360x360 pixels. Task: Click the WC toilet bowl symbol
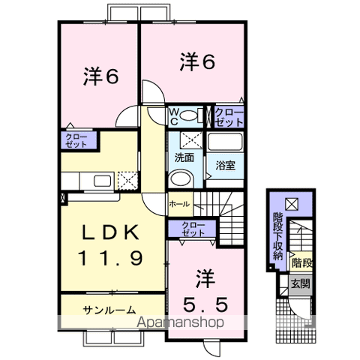click(x=188, y=115)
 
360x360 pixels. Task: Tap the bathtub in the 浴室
click(x=225, y=142)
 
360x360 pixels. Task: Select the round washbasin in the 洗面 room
click(x=179, y=178)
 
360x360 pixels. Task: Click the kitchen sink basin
click(x=103, y=181)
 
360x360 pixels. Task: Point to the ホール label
click(x=179, y=204)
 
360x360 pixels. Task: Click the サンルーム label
click(x=109, y=310)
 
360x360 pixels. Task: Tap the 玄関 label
click(x=300, y=284)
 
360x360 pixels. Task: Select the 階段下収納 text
click(x=277, y=236)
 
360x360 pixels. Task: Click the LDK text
click(x=111, y=232)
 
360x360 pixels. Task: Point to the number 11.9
click(x=110, y=258)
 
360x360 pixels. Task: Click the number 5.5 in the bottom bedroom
click(x=205, y=304)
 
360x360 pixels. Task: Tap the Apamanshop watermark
click(x=180, y=322)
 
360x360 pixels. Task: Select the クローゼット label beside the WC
click(x=229, y=117)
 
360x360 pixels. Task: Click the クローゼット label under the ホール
click(x=193, y=229)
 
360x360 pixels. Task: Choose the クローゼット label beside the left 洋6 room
click(x=76, y=141)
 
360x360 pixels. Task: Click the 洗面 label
click(x=184, y=158)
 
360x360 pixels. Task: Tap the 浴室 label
click(x=225, y=166)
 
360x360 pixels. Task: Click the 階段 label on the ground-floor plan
click(x=302, y=263)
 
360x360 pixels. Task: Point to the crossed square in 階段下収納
click(x=292, y=204)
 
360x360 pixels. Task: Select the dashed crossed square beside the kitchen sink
click(x=127, y=180)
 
